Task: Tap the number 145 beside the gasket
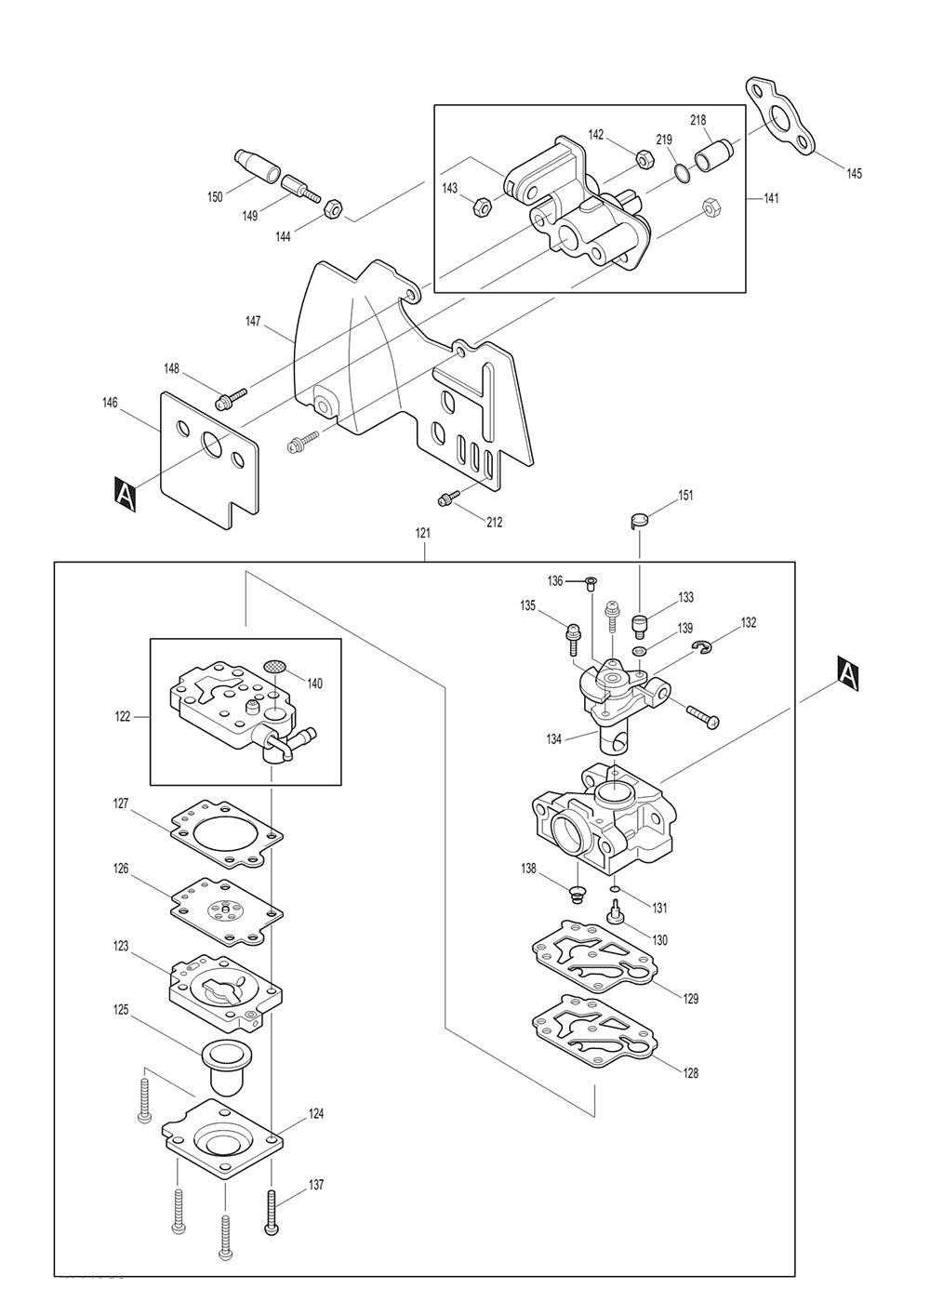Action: click(x=854, y=173)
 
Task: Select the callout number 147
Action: click(x=253, y=321)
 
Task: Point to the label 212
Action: click(x=494, y=523)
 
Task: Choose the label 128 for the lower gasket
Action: click(x=690, y=1073)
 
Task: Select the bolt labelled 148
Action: click(x=228, y=400)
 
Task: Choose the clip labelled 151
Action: click(x=637, y=521)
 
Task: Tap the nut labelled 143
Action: click(x=482, y=203)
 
